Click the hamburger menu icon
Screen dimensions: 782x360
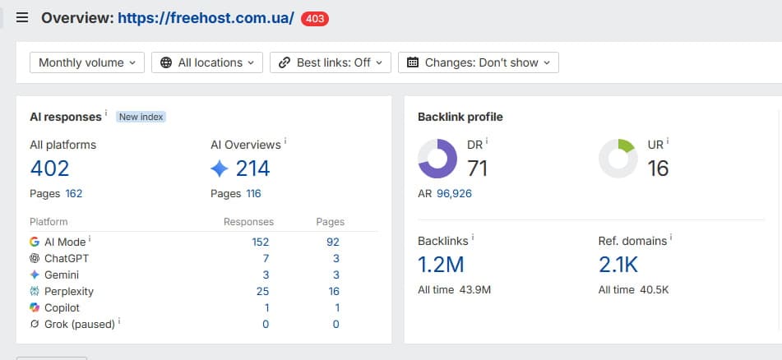coord(22,18)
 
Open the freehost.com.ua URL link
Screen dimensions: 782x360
coord(206,18)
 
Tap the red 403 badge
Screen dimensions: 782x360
coord(315,19)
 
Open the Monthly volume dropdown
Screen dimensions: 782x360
coord(87,62)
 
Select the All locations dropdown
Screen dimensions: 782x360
coord(207,62)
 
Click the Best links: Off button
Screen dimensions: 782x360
coord(331,62)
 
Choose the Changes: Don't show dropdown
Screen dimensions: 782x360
coord(479,62)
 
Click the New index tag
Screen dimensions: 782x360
coord(141,117)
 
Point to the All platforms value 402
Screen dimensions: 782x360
coord(49,168)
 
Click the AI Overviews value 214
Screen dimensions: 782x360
coord(252,168)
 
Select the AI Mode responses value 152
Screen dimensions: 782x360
coord(261,242)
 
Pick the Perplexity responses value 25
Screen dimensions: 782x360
coord(263,291)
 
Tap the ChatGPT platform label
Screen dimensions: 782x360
coord(67,258)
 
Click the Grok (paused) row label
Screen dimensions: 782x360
coord(80,324)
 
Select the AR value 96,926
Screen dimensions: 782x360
coord(454,193)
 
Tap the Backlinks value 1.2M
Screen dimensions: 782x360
coord(441,265)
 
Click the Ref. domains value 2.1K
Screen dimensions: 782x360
coord(618,265)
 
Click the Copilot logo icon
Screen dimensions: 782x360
coord(35,307)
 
